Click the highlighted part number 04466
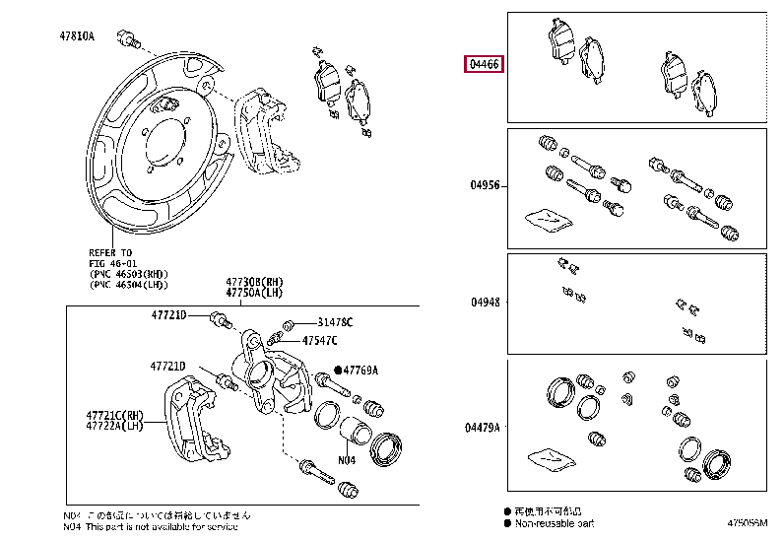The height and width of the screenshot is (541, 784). (486, 65)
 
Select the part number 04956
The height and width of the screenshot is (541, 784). (485, 184)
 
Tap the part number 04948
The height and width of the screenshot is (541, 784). (485, 304)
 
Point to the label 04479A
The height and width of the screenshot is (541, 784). (485, 427)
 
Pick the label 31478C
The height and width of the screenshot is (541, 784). (335, 323)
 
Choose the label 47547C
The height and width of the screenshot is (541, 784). (319, 340)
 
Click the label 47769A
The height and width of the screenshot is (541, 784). (360, 370)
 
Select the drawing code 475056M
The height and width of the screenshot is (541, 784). (750, 523)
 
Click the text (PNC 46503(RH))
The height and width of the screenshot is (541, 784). (128, 274)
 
